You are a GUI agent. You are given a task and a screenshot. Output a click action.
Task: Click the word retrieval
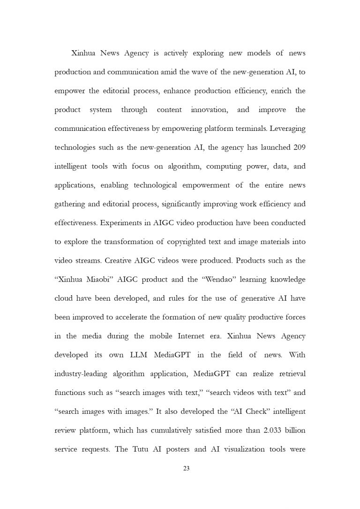point(289,374)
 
